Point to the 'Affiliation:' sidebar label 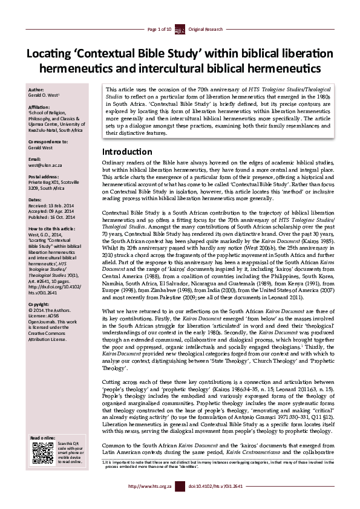(40, 106)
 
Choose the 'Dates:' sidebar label (36, 199)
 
